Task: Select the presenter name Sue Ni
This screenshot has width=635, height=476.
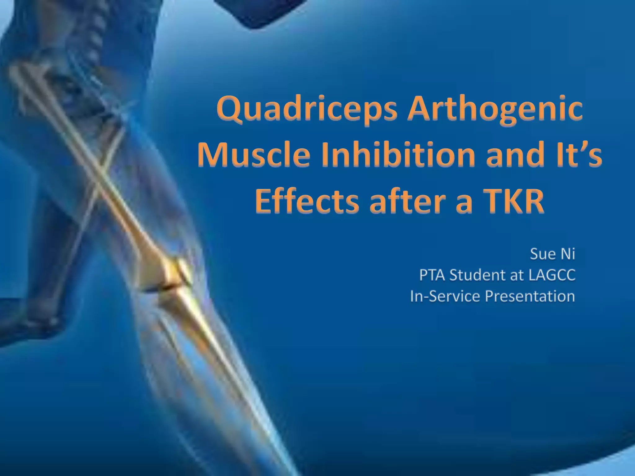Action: coord(553,254)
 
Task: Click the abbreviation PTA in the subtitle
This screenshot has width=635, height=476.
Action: coord(432,275)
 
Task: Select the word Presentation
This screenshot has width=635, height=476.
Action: coord(530,296)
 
